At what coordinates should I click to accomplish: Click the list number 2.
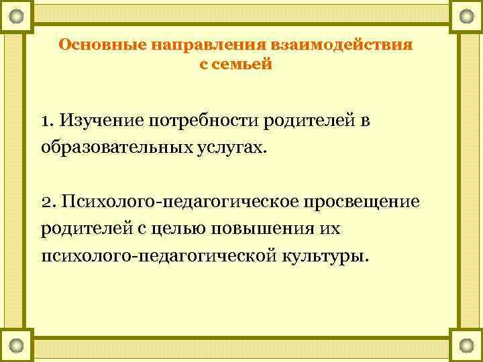[x=47, y=202]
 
